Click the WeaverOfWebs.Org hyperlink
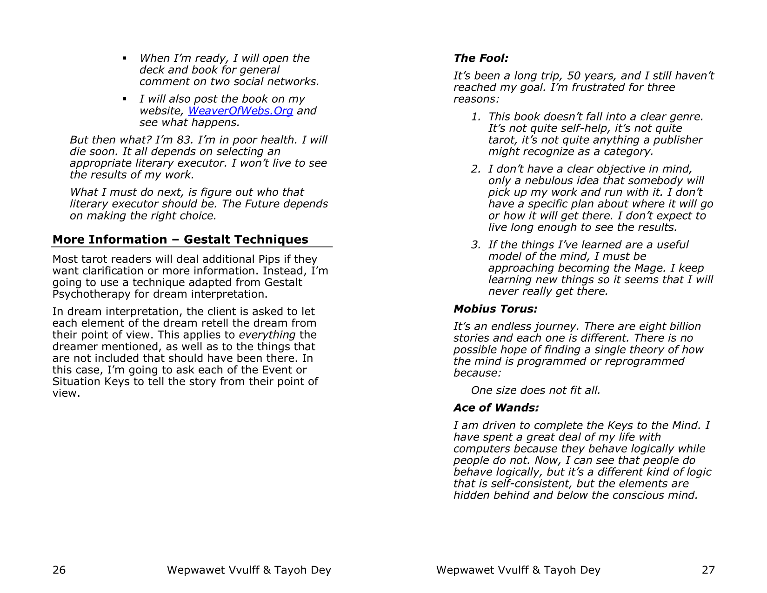pos(240,111)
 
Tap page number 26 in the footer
pos(59,570)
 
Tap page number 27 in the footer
pos(708,570)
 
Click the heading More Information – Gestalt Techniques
pos(180,240)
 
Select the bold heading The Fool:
pos(481,58)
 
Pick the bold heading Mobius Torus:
pos(495,309)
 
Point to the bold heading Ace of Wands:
pos(496,408)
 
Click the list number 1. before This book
pos(475,117)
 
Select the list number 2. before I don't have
pos(475,169)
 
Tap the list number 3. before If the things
pos(475,245)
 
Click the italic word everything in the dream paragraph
pos(267,335)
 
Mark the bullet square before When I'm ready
pos(125,59)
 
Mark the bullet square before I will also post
pos(125,99)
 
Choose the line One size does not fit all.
pos(535,390)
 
